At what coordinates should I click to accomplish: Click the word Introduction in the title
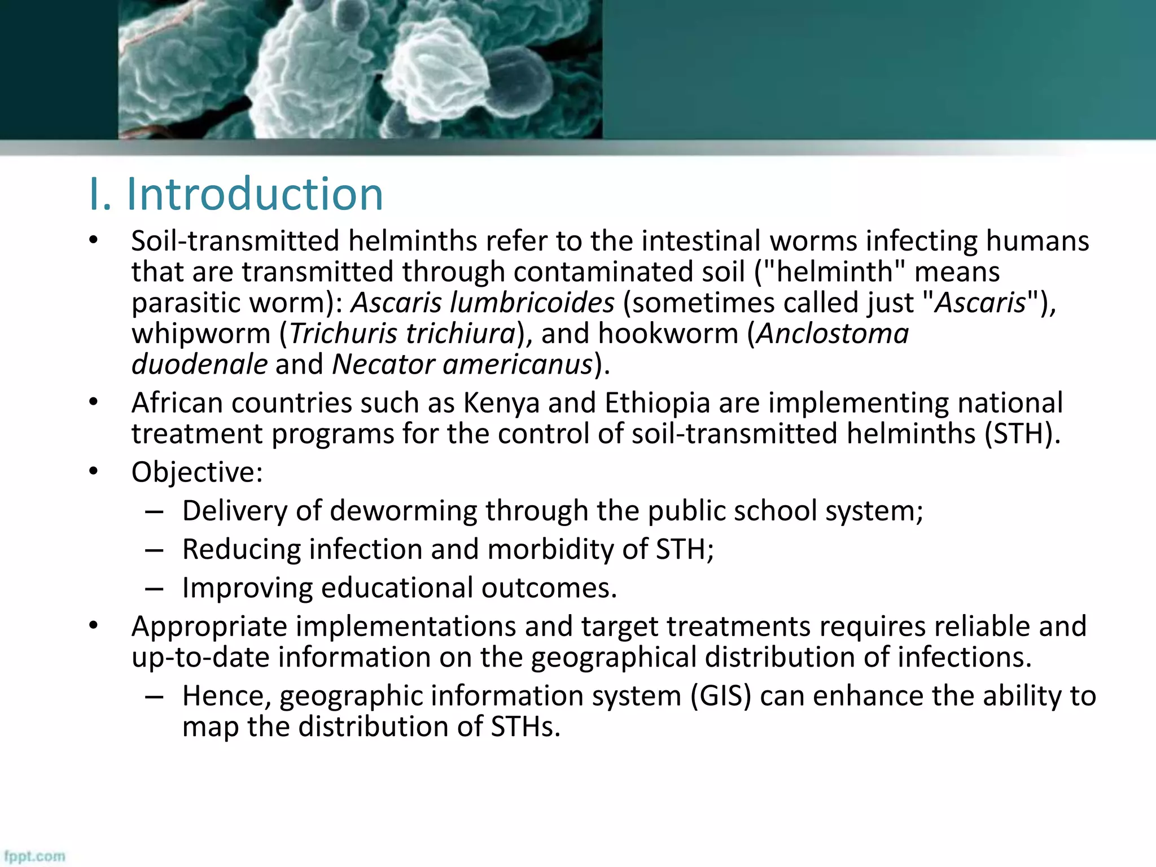click(x=255, y=194)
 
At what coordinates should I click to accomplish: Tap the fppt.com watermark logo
click(x=35, y=856)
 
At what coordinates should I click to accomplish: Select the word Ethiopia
click(x=657, y=403)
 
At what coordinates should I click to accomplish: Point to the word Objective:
click(x=197, y=472)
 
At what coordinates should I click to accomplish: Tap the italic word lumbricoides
click(x=532, y=303)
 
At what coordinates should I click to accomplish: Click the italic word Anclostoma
click(x=833, y=333)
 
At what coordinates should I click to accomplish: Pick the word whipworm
click(x=201, y=333)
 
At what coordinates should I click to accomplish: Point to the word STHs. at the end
click(x=526, y=726)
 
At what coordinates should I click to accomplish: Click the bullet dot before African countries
click(x=94, y=403)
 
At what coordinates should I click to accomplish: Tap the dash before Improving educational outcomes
click(x=154, y=588)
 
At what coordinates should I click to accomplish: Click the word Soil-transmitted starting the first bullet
click(x=235, y=241)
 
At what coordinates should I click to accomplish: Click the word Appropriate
click(x=209, y=627)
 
